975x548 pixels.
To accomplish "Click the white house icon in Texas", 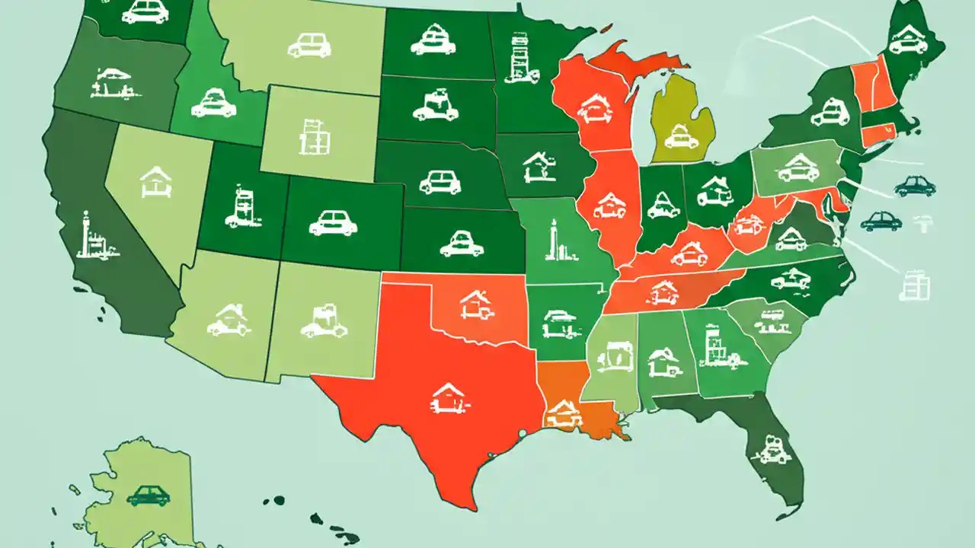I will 448,398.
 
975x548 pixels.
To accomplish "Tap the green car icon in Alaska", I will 148,495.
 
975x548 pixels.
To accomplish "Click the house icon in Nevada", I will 157,181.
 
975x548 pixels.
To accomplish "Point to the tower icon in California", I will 92,237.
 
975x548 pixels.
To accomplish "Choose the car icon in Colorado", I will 334,222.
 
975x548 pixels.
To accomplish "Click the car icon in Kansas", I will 462,244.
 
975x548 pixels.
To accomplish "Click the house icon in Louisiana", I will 562,414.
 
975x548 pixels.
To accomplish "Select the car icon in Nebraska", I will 440,181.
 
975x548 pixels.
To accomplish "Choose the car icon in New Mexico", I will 324,321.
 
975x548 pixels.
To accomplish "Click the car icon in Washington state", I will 145,12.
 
